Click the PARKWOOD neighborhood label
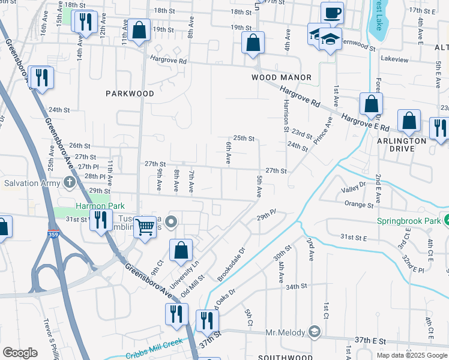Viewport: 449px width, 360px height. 130,94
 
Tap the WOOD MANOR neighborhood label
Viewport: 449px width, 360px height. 282,77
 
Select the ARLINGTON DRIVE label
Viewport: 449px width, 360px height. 402,145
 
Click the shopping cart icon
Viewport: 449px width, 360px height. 145,227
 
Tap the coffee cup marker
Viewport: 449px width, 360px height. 331,13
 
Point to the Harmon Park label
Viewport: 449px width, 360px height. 90,205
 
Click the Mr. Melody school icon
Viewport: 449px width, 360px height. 315,331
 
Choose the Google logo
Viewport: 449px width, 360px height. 20,353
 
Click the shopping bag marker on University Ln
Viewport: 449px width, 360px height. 181,251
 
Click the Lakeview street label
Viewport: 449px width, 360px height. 394,59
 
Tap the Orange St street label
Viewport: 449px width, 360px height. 359,205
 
